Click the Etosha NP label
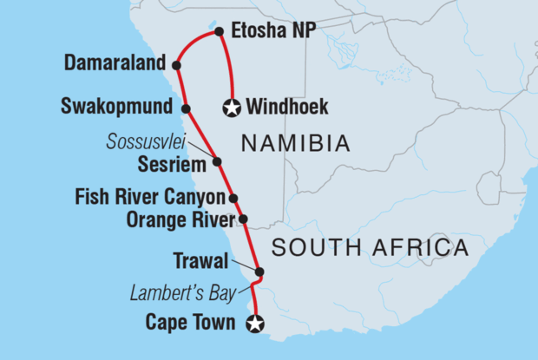[274, 34]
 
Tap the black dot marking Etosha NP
[218, 34]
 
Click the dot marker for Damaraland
[176, 64]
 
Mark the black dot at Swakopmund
[186, 108]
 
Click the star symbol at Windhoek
[232, 108]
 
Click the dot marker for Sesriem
[217, 161]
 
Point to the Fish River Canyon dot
[233, 198]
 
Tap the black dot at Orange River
[243, 219]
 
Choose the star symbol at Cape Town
[254, 325]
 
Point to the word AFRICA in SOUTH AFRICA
[426, 249]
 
